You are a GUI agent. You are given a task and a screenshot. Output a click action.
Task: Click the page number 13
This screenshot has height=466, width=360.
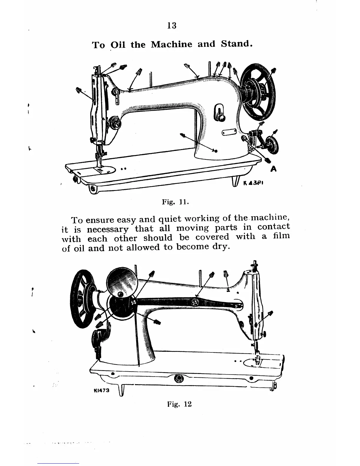coord(171,26)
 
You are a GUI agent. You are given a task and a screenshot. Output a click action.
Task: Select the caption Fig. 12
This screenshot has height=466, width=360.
coord(179,404)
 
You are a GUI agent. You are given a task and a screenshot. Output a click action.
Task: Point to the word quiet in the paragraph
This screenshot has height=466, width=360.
coord(171,219)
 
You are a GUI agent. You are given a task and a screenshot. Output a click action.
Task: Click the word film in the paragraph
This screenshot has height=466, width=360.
coord(281,236)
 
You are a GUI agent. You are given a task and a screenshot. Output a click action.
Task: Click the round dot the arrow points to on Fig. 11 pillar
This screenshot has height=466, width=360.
coord(216,151)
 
